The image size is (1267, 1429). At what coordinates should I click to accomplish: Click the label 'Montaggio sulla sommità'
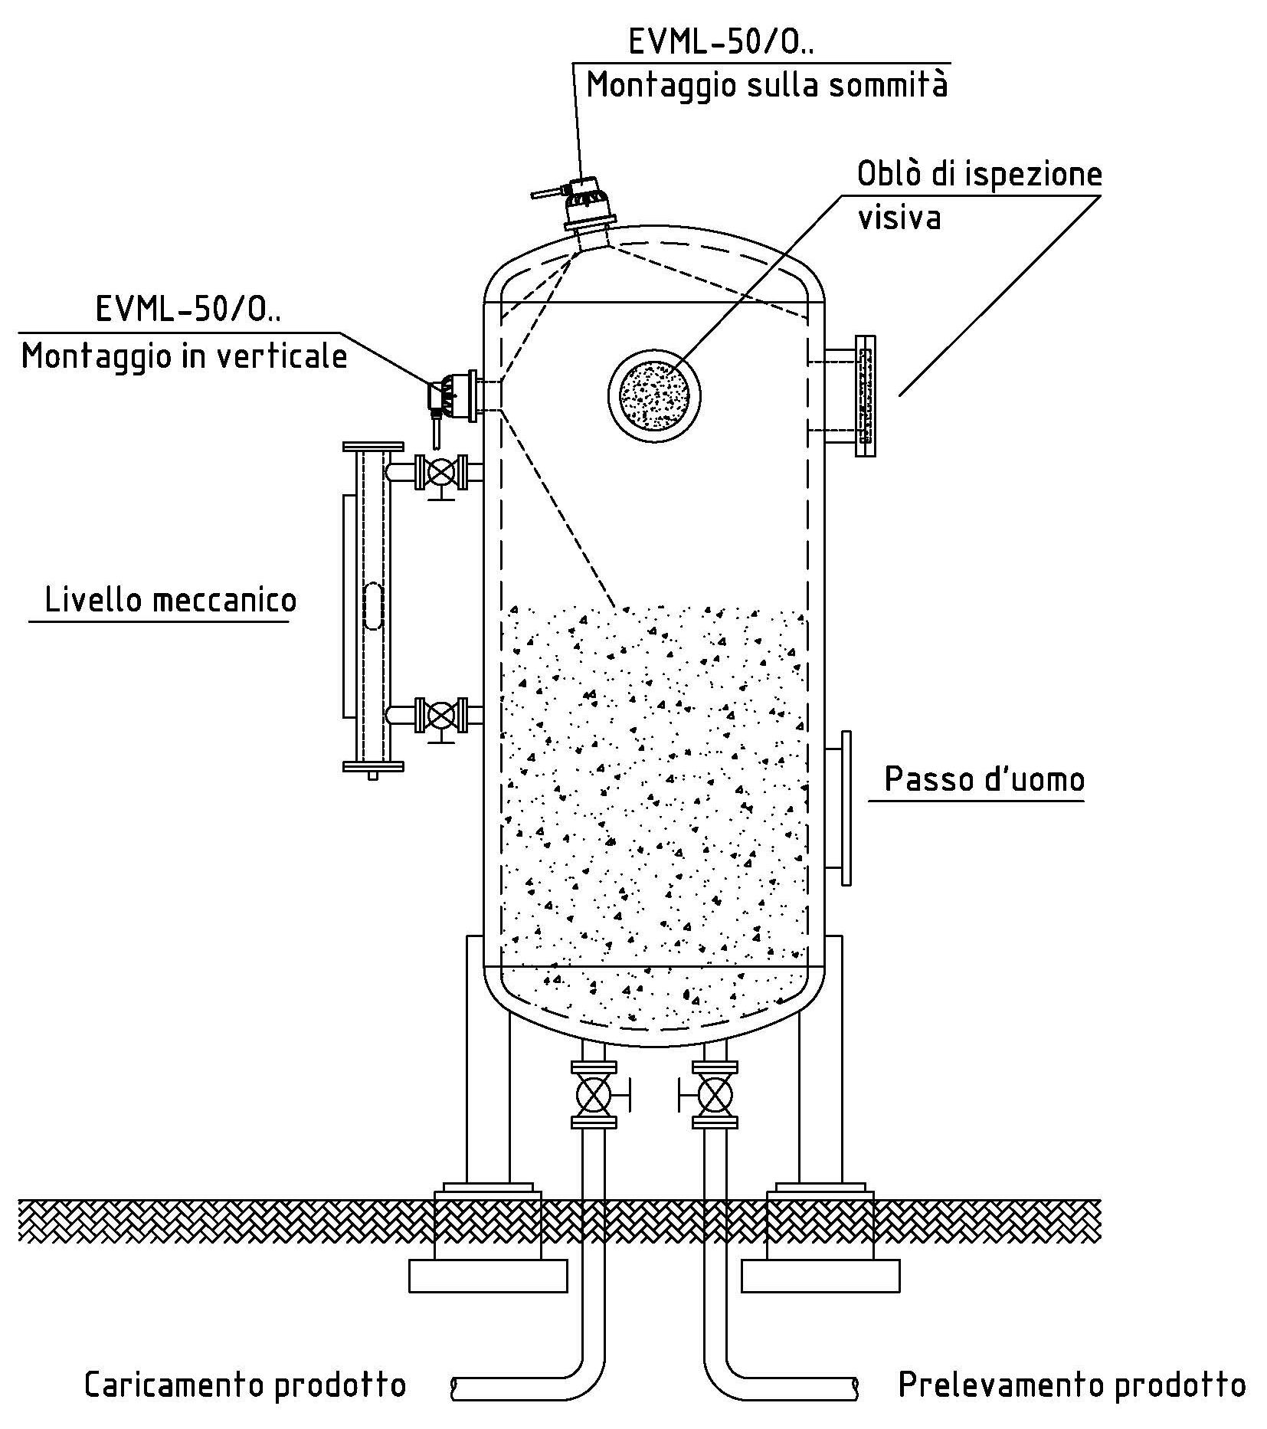(x=767, y=84)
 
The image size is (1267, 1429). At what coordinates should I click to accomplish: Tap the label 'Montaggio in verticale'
(x=184, y=356)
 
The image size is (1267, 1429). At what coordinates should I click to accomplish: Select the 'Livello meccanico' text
(x=170, y=599)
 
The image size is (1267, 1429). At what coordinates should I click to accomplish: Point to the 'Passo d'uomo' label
(x=984, y=779)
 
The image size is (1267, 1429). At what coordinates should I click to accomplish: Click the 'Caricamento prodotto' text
(x=244, y=1385)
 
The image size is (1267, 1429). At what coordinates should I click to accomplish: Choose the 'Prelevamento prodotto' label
(x=1072, y=1385)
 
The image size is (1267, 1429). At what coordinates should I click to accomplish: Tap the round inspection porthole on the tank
(x=648, y=395)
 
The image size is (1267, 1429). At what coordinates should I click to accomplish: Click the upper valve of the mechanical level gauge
(x=440, y=472)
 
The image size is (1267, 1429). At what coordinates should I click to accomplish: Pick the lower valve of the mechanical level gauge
(x=440, y=715)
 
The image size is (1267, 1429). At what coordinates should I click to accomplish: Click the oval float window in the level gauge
(x=373, y=605)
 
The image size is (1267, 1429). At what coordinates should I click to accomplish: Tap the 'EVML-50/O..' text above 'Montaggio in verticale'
(x=188, y=309)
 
